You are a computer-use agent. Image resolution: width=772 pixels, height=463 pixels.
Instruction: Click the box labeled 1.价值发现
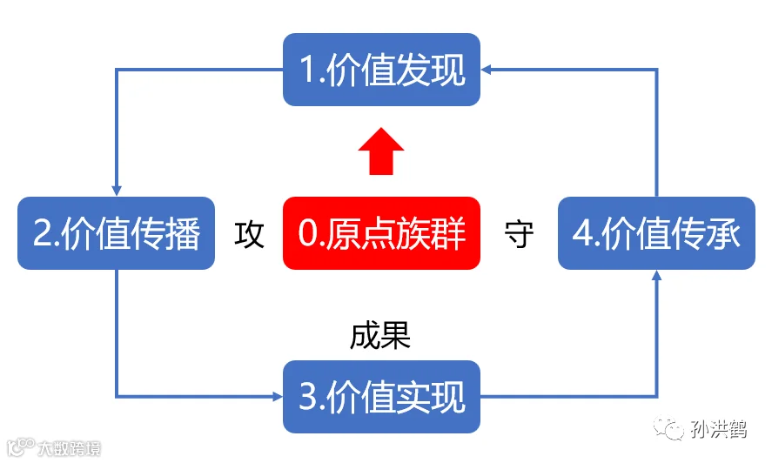[381, 70]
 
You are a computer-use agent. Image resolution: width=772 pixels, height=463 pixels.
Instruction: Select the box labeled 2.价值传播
[117, 233]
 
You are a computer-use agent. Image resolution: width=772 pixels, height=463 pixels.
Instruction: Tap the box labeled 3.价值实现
[381, 397]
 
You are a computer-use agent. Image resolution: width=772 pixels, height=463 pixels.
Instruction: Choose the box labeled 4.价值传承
[656, 233]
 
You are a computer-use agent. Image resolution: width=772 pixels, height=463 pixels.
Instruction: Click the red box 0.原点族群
[381, 233]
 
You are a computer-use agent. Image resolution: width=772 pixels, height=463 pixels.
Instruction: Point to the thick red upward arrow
[381, 151]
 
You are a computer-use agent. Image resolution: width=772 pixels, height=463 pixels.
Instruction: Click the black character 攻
[249, 234]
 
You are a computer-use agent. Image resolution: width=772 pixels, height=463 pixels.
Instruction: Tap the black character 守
[519, 234]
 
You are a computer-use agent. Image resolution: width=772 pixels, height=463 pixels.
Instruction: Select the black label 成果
[380, 337]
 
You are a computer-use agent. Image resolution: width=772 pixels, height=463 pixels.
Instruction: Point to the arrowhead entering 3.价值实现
[278, 397]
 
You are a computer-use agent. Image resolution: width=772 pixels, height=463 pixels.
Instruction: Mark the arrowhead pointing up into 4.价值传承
[656, 275]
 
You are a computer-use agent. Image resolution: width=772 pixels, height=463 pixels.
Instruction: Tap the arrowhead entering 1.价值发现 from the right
[486, 70]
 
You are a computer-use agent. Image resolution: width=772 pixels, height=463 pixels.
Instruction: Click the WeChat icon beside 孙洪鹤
[668, 428]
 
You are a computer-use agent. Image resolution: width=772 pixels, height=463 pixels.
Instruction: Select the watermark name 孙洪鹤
[718, 429]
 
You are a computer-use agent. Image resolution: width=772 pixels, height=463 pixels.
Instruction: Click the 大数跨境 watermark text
[70, 448]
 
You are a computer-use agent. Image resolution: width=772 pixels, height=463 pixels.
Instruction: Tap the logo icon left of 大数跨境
[21, 446]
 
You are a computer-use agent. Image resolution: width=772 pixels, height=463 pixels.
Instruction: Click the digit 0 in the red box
[308, 233]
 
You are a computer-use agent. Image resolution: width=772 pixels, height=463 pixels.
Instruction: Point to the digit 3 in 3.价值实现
[308, 397]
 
